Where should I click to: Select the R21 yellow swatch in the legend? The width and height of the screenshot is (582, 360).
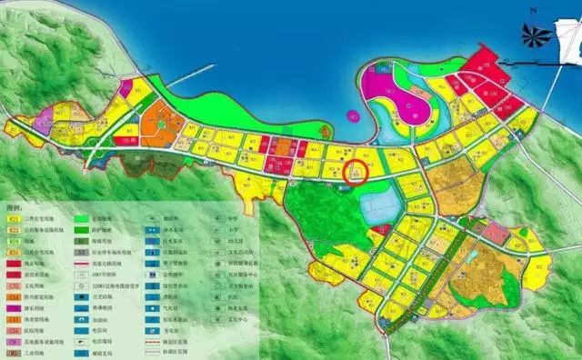click(14, 218)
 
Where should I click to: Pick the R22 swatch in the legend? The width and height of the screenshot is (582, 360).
click(14, 231)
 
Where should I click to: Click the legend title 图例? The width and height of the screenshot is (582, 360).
click(15, 206)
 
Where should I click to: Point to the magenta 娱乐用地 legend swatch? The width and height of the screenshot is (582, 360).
click(14, 307)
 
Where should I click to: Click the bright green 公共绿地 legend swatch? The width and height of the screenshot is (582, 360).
click(81, 218)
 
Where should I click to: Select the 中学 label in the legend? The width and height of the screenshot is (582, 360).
click(230, 218)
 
